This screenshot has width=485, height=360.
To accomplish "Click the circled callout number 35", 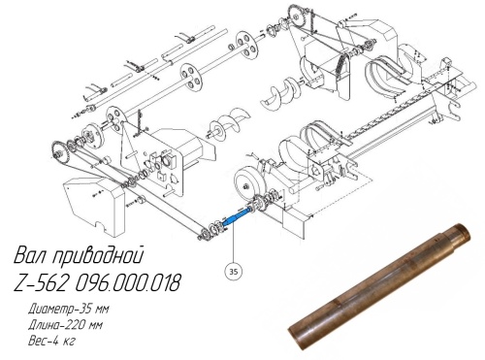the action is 234,271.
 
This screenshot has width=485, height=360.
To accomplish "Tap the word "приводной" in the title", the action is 97,256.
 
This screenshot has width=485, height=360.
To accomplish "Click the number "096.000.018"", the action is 127,282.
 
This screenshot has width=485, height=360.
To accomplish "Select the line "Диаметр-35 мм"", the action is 69,309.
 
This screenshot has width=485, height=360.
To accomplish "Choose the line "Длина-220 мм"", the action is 65,324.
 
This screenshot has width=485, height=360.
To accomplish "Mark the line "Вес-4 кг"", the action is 51,341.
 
